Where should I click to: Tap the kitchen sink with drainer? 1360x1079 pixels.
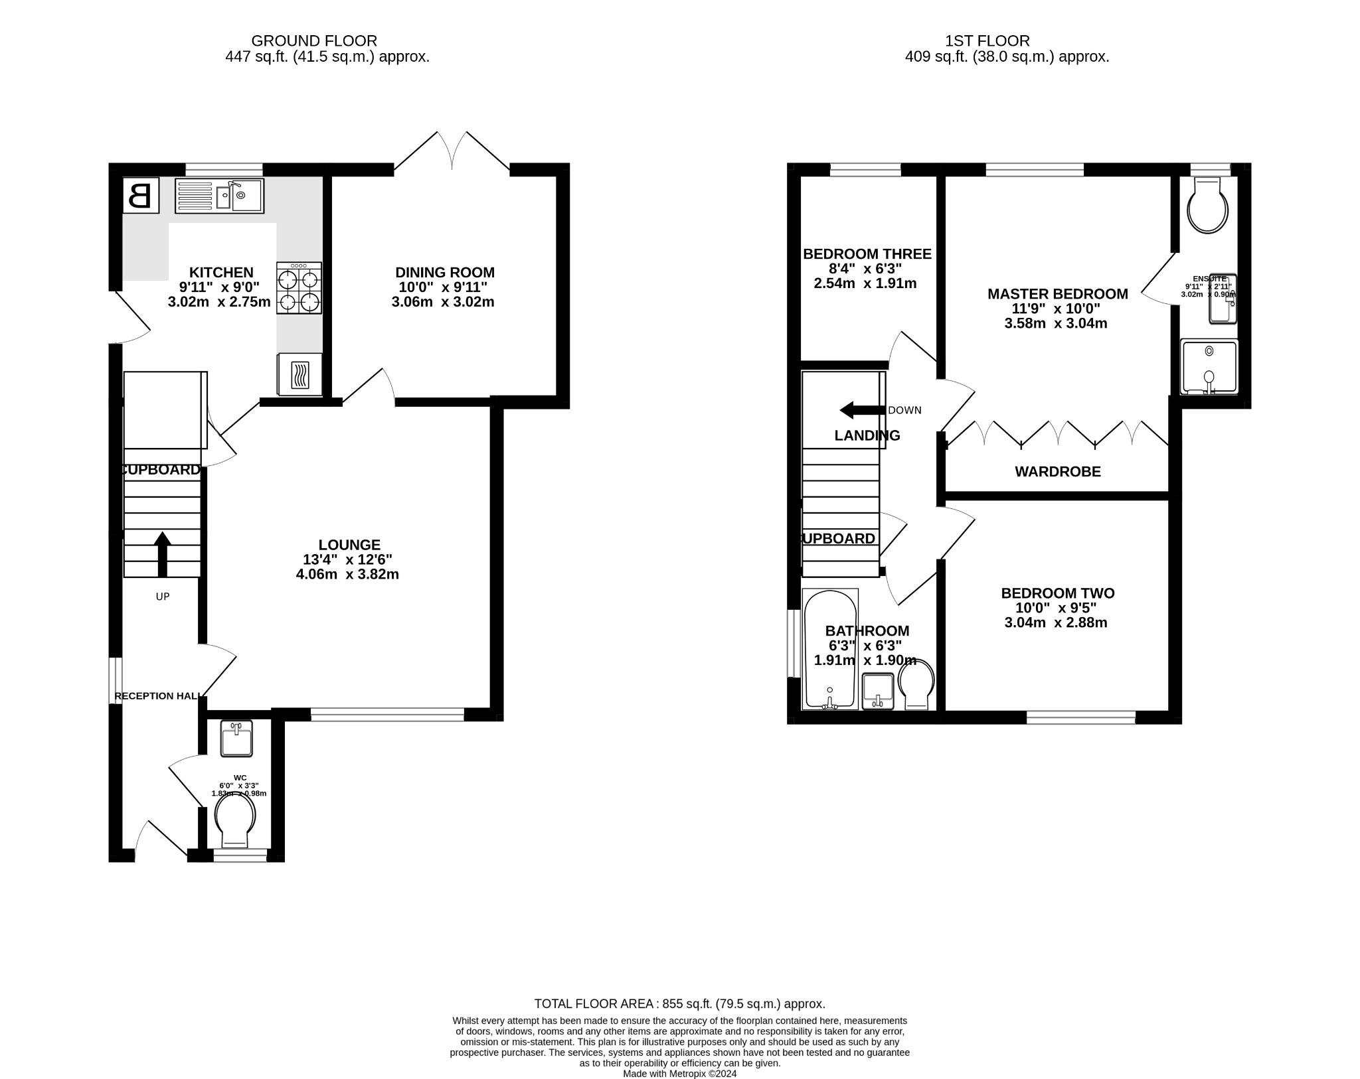point(219,196)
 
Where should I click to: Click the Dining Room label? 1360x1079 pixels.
point(445,272)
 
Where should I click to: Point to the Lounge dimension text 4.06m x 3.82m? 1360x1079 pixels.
point(347,575)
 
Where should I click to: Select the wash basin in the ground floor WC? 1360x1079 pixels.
point(236,739)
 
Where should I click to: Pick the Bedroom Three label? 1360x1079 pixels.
point(867,254)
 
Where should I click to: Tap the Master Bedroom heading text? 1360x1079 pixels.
point(1057,294)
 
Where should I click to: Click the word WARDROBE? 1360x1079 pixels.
point(1057,472)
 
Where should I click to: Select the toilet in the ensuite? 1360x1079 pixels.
point(1207,206)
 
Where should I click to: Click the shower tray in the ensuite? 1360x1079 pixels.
point(1209,367)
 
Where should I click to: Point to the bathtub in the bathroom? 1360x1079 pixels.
point(829,649)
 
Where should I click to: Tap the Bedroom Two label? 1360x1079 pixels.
point(1057,593)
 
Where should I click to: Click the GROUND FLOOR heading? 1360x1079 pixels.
point(313,41)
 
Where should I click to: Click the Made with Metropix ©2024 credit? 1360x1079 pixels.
point(679,1073)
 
